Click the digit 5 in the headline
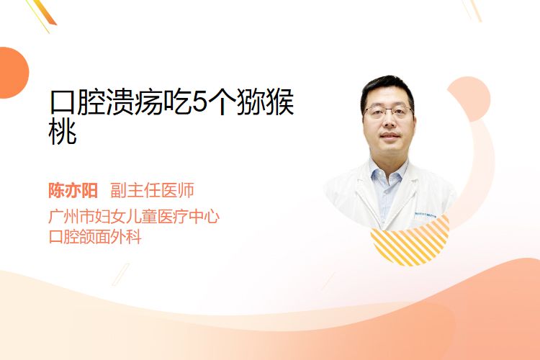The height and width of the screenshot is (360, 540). pyautogui.click(x=199, y=102)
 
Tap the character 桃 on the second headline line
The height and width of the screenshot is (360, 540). pyautogui.click(x=63, y=132)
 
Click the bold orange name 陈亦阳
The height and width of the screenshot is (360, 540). pyautogui.click(x=73, y=190)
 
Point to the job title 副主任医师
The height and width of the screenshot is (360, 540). pyautogui.click(x=152, y=190)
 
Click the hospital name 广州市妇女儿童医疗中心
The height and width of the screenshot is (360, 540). pyautogui.click(x=134, y=216)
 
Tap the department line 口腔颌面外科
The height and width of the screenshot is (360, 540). pyautogui.click(x=95, y=236)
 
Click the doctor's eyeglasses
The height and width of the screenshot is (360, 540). pyautogui.click(x=389, y=112)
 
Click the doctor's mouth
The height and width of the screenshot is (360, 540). pyautogui.click(x=390, y=135)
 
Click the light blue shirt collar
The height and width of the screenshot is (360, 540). pyautogui.click(x=387, y=171)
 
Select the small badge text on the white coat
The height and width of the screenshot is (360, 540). pyautogui.click(x=425, y=215)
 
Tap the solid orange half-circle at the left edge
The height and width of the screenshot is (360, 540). pyautogui.click(x=13, y=73)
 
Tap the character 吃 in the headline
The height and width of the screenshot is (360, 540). pyautogui.click(x=177, y=102)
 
